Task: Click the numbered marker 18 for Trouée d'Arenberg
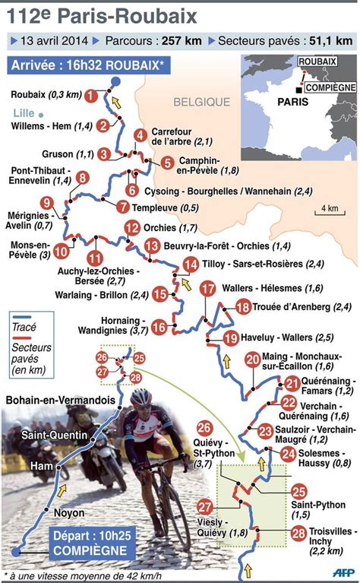coord(242,307)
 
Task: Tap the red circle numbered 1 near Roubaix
coord(90,96)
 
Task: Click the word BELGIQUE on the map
coord(201,101)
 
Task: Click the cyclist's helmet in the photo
coord(141,397)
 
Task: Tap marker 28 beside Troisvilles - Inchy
coord(298,534)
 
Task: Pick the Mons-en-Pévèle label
coord(30,250)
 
